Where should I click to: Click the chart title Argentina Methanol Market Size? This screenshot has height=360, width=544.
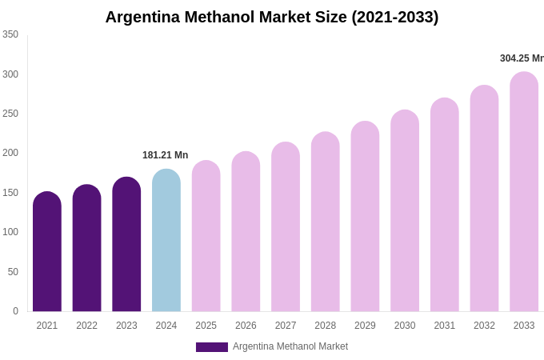tap(272, 17)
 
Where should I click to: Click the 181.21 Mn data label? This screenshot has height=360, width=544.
tap(165, 155)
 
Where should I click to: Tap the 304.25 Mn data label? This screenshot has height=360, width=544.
tap(522, 58)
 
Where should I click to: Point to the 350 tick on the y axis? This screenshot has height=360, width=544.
tap(10, 34)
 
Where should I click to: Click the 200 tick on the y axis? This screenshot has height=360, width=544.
tap(10, 153)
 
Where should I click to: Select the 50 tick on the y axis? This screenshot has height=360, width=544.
tap(13, 272)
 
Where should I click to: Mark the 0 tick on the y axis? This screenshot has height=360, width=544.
tap(15, 311)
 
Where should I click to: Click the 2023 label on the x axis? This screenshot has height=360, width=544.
tap(126, 326)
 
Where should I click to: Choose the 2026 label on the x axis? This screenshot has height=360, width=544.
tap(246, 326)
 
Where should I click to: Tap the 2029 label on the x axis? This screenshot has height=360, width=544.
tap(365, 326)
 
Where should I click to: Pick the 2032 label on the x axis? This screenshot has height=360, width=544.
tap(484, 326)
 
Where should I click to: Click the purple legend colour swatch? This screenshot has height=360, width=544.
tap(212, 347)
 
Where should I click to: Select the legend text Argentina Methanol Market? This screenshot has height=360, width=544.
tap(290, 346)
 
